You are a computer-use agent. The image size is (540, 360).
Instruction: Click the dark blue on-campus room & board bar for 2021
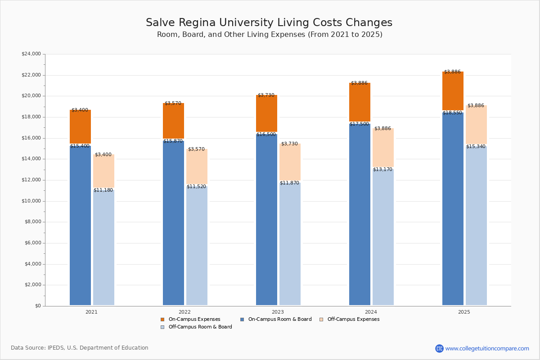click(x=80, y=225)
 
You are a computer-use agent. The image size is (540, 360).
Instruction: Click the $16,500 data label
click(x=266, y=134)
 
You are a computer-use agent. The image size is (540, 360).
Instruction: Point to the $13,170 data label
click(x=382, y=169)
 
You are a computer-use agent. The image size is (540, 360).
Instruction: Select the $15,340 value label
click(x=476, y=146)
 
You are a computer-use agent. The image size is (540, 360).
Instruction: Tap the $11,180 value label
click(x=103, y=190)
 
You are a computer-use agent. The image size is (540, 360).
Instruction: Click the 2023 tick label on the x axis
click(x=278, y=312)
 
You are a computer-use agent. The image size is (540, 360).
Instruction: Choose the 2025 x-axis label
click(x=464, y=312)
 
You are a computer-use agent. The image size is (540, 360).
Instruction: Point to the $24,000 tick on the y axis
click(x=31, y=54)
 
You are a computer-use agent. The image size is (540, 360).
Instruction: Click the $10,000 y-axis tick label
click(x=31, y=201)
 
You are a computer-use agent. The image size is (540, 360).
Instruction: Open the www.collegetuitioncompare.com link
click(x=487, y=348)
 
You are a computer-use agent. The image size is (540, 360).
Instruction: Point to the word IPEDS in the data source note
click(x=56, y=348)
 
